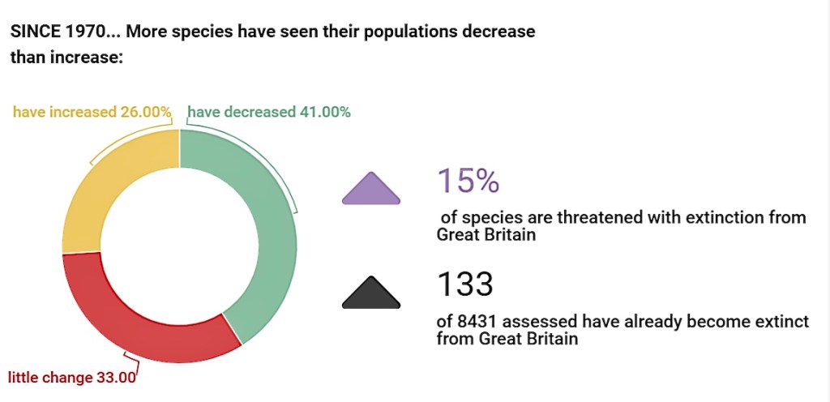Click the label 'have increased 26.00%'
coord(92,112)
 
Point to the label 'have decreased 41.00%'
coord(269,112)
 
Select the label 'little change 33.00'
coord(71,377)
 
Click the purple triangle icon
coord(371,189)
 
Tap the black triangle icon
coord(371,293)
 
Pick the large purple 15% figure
coord(468,181)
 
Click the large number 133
coord(465,284)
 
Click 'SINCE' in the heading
coord(33,32)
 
